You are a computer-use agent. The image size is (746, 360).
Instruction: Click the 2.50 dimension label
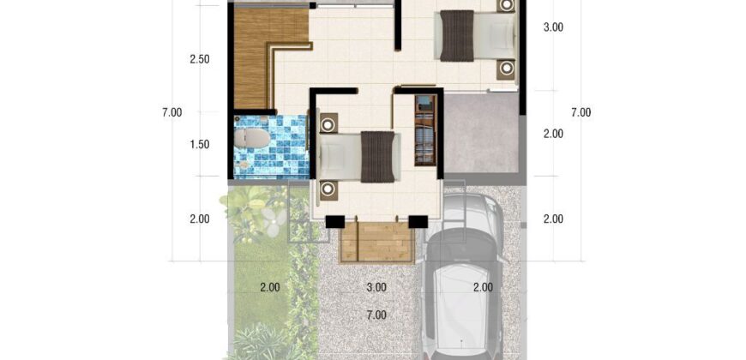click(x=200, y=60)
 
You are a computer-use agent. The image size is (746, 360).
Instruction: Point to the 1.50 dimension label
click(x=200, y=145)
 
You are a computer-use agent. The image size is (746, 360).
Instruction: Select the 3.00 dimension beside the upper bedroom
click(x=553, y=27)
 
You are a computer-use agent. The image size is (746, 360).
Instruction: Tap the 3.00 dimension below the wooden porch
click(x=376, y=287)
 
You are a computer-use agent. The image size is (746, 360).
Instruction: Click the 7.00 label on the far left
click(x=171, y=112)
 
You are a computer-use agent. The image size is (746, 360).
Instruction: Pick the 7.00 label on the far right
click(x=581, y=112)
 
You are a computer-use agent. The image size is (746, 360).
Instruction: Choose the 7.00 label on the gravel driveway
click(x=376, y=315)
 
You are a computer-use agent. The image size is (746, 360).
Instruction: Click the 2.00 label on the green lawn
click(x=270, y=287)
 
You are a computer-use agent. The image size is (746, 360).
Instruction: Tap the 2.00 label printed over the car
click(x=483, y=287)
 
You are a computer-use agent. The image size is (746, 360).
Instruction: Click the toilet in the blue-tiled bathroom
click(x=252, y=138)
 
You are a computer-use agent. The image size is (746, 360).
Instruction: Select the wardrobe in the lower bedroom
click(x=425, y=130)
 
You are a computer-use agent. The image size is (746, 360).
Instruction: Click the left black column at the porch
click(x=335, y=222)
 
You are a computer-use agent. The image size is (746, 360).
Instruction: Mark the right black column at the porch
click(x=418, y=222)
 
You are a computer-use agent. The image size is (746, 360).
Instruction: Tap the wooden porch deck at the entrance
click(x=376, y=242)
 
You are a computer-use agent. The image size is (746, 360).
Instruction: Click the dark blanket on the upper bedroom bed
click(x=457, y=36)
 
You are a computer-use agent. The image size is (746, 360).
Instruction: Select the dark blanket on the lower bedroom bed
click(x=378, y=157)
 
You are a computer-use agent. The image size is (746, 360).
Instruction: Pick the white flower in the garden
click(x=274, y=222)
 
